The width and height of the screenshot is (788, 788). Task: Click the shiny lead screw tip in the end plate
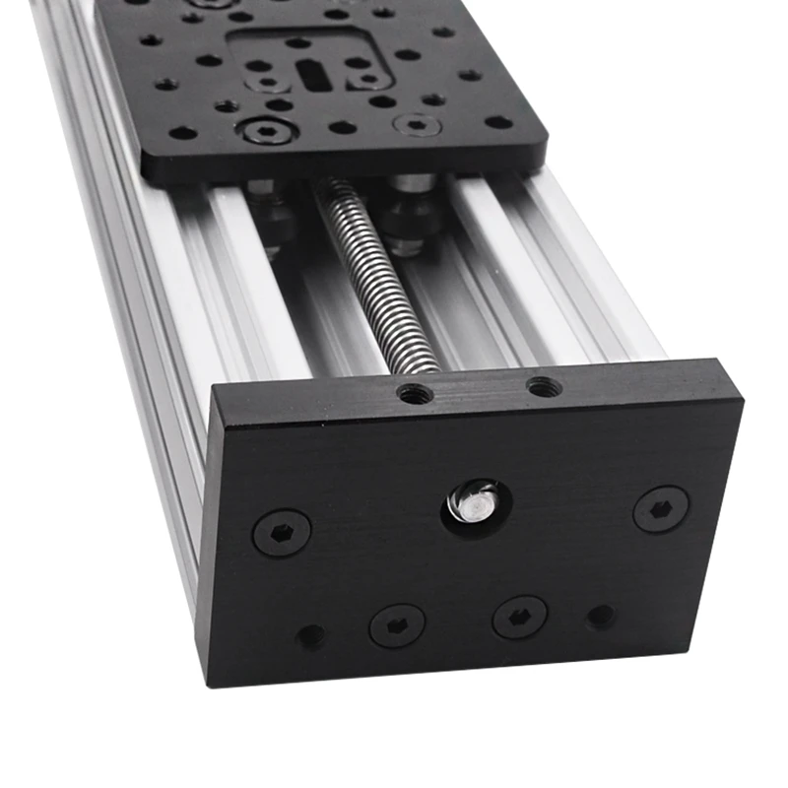click(475, 499)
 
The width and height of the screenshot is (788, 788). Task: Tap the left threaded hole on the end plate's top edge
click(413, 394)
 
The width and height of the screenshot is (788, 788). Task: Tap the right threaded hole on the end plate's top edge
click(543, 387)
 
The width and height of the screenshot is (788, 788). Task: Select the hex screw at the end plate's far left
click(282, 532)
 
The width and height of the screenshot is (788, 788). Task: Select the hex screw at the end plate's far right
click(660, 508)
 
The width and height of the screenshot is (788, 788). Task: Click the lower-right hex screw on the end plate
click(519, 617)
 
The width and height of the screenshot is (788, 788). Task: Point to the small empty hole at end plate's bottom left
click(312, 636)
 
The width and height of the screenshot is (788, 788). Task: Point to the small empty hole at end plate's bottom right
click(600, 618)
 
